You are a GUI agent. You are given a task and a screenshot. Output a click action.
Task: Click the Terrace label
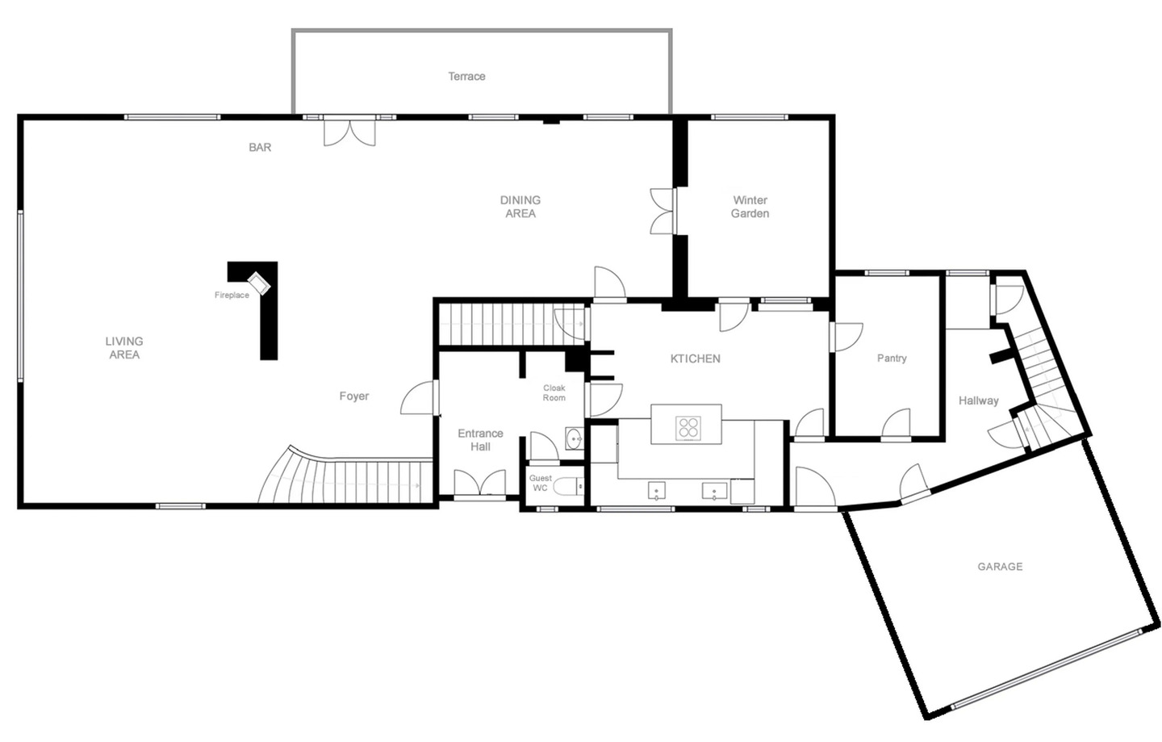point(467,76)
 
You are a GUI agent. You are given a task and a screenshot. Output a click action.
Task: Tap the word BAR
point(260,148)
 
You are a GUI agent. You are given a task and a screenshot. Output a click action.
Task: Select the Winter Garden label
point(750,207)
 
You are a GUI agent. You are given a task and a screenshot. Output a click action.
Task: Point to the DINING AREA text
point(520,207)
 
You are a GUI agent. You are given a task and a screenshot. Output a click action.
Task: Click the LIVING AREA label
point(124,348)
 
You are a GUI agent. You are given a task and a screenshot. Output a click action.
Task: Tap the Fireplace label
point(232,296)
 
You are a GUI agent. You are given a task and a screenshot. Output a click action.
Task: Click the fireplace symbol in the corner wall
point(259,283)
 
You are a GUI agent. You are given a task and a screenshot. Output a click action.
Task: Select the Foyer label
point(354,396)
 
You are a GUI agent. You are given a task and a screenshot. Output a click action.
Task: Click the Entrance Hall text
point(480,440)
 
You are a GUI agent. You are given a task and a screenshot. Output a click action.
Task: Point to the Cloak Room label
point(554,392)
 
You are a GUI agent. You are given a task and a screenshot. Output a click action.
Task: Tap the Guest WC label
point(541,483)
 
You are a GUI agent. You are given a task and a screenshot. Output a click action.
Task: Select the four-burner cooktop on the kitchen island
point(688,429)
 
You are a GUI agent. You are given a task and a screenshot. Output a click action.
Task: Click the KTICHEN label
point(695,358)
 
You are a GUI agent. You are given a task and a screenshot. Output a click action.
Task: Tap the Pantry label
point(892,358)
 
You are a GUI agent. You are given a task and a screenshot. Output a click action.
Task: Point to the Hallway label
point(978,400)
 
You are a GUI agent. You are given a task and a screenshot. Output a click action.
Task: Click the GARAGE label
point(1000,567)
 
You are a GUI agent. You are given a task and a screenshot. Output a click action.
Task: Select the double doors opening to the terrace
point(349,132)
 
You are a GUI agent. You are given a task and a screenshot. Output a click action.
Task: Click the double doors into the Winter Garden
point(663,212)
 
